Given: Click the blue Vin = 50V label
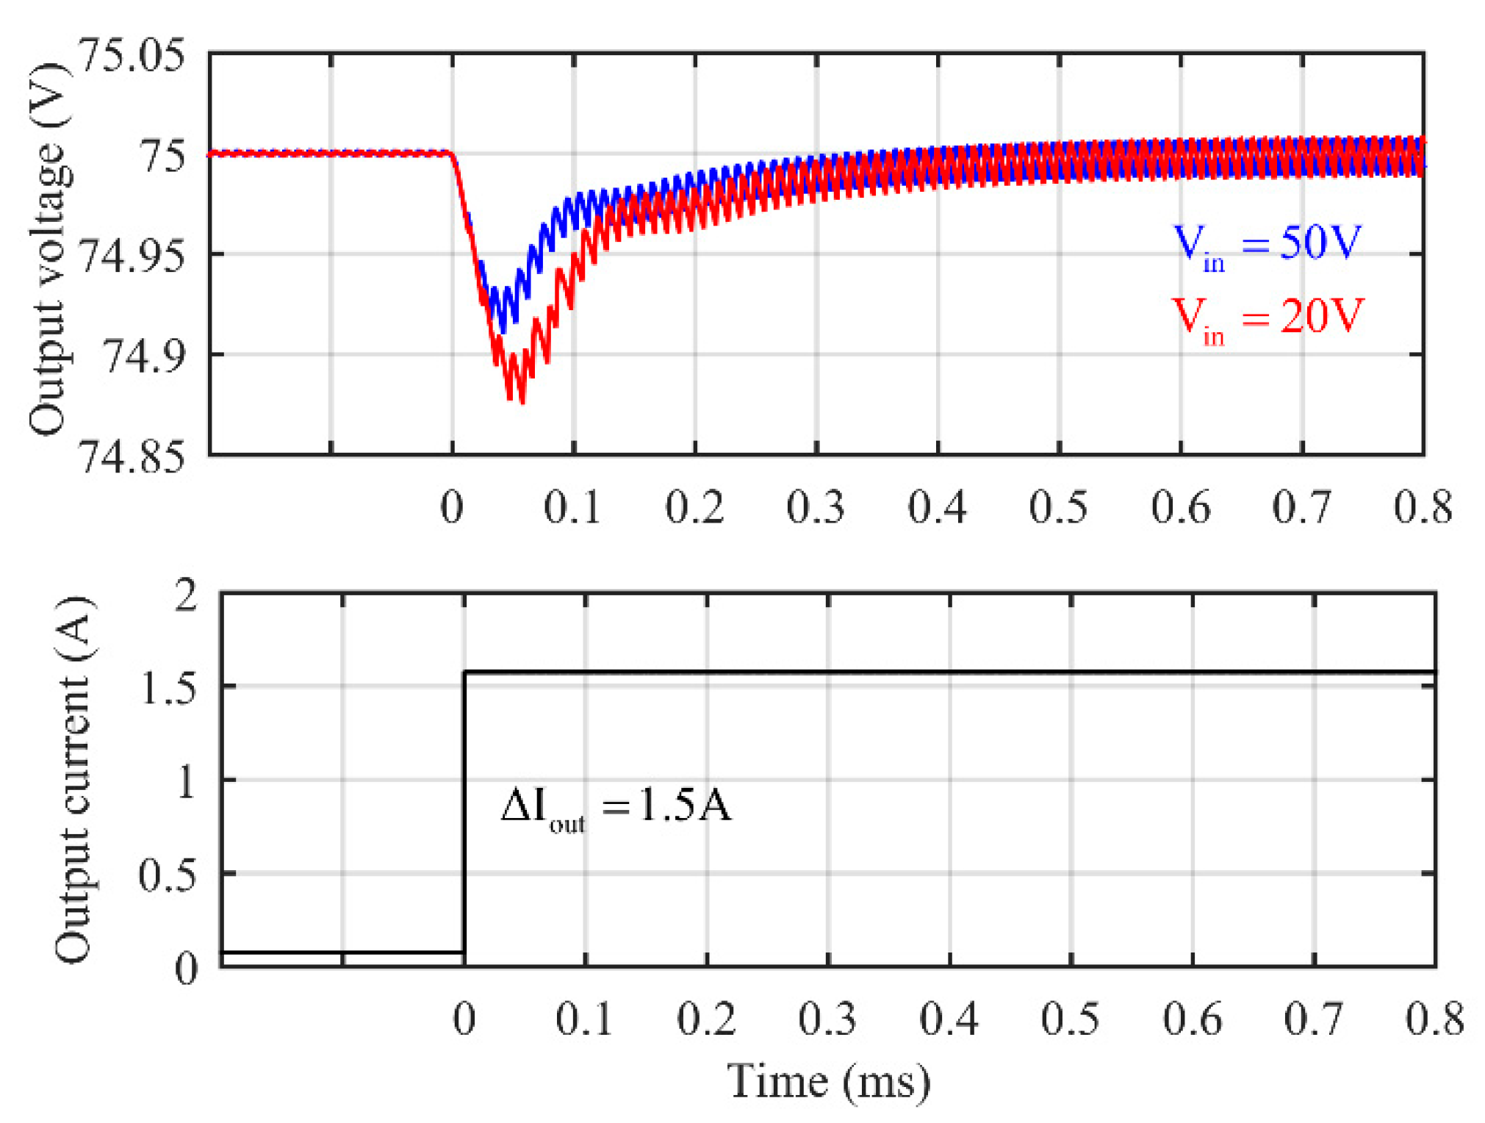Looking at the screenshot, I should tap(1268, 245).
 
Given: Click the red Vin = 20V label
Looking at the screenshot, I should tap(1268, 319).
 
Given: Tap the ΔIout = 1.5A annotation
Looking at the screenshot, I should tap(616, 807).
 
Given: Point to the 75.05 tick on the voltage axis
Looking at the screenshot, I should tap(132, 56).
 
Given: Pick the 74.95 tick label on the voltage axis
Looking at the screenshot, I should tap(132, 256).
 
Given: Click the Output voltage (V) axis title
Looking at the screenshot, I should tap(48, 250).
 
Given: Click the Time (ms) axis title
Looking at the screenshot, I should tap(829, 1082).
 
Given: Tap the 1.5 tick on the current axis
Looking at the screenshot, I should tap(168, 689).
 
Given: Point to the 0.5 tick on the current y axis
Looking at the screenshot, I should tap(168, 876).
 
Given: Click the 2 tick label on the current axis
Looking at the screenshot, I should tap(186, 595).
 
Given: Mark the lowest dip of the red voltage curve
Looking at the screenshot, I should tap(522, 401).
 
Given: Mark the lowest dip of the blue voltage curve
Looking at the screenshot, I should tap(503, 331).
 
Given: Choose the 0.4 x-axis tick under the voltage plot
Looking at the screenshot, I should tap(937, 507).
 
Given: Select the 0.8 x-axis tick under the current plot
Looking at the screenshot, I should tap(1434, 1019).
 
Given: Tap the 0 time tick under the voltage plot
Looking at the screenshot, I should tap(452, 507).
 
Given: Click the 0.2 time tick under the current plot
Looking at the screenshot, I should tap(706, 1019).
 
